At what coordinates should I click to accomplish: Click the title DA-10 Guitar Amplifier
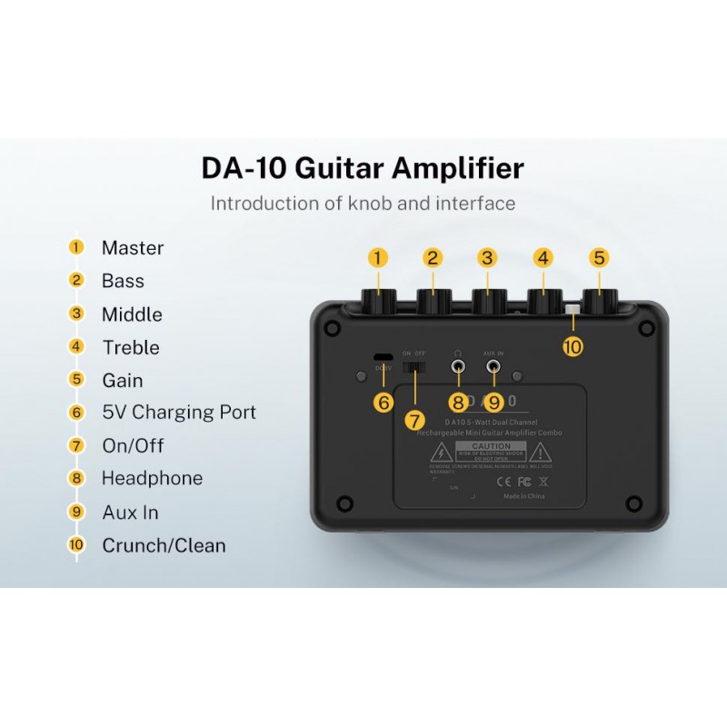tap(363, 168)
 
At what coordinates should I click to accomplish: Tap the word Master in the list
tap(133, 248)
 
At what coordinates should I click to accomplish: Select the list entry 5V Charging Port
tap(179, 413)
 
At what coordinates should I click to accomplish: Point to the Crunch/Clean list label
tap(164, 545)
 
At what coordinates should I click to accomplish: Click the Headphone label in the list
tap(152, 478)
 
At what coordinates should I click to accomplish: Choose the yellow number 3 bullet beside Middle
tap(76, 314)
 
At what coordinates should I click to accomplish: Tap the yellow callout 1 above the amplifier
tap(378, 258)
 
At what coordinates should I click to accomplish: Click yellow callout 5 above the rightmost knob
tap(599, 258)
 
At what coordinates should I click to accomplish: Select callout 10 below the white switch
tap(573, 346)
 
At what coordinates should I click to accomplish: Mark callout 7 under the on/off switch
tap(415, 421)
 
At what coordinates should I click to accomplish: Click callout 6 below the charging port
tap(383, 401)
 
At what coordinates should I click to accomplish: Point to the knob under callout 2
tap(433, 302)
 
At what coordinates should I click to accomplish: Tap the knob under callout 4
tap(543, 302)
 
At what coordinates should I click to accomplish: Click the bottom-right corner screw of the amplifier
tap(635, 503)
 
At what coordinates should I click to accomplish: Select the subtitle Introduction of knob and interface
tap(363, 204)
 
